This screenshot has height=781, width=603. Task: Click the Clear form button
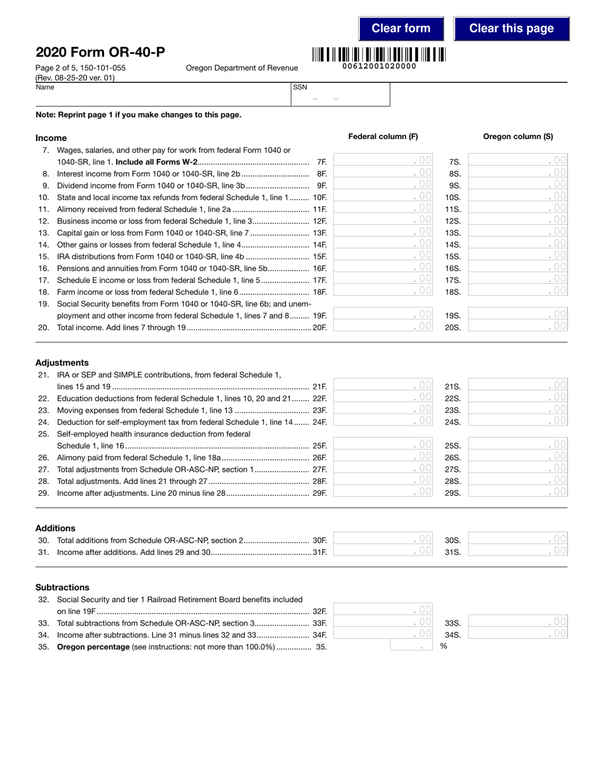click(401, 29)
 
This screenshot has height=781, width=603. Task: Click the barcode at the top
click(379, 55)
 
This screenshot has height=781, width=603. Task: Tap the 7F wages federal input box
click(383, 161)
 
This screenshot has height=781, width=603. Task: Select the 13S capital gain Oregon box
click(517, 232)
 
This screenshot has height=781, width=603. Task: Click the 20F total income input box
click(383, 326)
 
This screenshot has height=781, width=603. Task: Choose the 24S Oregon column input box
click(517, 420)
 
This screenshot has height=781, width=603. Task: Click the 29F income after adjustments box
click(383, 491)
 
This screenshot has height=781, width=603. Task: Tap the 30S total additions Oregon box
click(517, 539)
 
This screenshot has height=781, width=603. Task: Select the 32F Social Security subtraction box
click(383, 610)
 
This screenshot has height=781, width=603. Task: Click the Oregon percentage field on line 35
click(411, 646)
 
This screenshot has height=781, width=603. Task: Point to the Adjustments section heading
click(62, 363)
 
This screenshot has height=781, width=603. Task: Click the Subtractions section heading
click(62, 587)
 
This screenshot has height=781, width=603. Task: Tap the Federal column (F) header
click(383, 137)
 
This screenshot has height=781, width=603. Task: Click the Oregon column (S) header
click(517, 137)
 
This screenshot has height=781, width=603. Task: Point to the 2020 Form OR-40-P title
click(101, 53)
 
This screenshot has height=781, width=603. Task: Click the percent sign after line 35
click(444, 646)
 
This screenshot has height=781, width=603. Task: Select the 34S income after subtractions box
click(517, 634)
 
